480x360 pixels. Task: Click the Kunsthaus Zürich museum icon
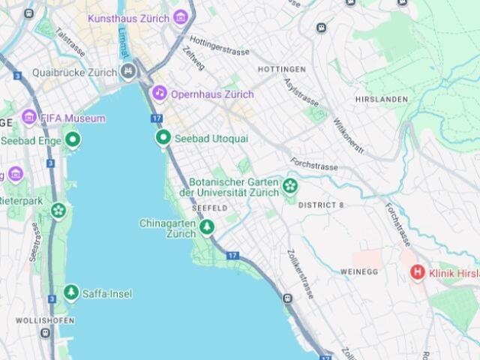[180, 17]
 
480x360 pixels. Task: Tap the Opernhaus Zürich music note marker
[159, 93]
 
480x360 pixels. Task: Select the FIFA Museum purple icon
[29, 117]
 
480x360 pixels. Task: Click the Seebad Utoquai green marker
[163, 138]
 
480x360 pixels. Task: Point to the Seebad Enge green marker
[73, 139]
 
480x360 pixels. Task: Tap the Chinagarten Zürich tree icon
[206, 227]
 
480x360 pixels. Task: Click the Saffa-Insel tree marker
[71, 292]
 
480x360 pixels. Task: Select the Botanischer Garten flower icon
[290, 186]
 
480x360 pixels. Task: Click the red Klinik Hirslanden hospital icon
[417, 273]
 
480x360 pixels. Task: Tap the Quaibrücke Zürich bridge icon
[128, 72]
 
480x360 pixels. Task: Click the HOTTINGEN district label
[281, 69]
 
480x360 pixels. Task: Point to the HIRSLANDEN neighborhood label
[382, 99]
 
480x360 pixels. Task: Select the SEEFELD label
[209, 207]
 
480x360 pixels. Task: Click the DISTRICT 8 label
[320, 205]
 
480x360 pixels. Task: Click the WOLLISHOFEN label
[45, 321]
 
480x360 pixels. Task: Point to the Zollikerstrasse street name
[301, 274]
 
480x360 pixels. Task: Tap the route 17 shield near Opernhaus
[156, 118]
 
